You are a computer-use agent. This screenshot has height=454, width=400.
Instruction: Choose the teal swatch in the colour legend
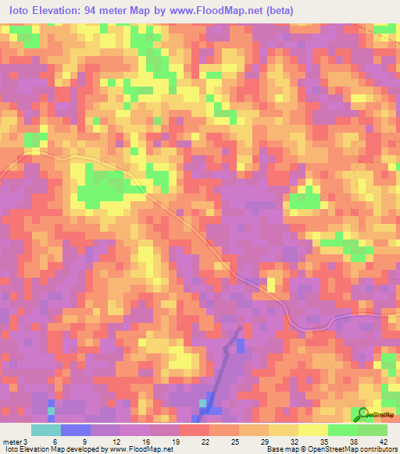point(45,430)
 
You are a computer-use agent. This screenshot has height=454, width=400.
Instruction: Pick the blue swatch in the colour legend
point(75,430)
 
